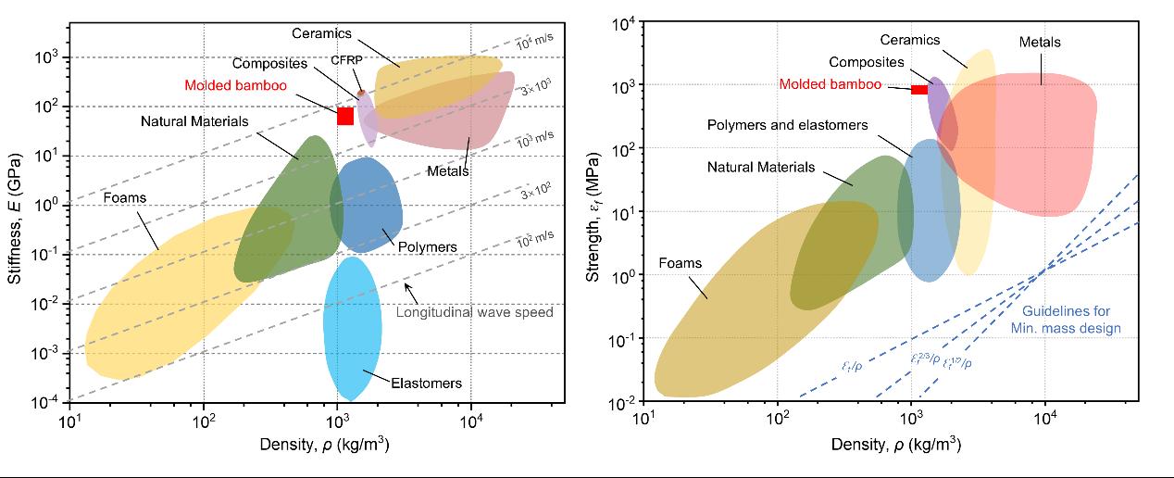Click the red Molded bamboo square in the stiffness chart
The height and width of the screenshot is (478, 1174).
pyautogui.click(x=345, y=116)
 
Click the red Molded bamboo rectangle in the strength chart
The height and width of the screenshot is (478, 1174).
pyautogui.click(x=919, y=89)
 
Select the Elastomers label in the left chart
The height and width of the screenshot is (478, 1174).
pyautogui.click(x=425, y=383)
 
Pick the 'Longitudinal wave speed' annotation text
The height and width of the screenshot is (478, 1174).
pyautogui.click(x=474, y=312)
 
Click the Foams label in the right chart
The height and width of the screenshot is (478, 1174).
pyautogui.click(x=680, y=263)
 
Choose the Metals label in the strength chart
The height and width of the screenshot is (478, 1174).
pyautogui.click(x=1040, y=43)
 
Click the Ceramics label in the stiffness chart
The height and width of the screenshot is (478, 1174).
pyautogui.click(x=323, y=33)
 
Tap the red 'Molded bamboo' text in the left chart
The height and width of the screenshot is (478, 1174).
pyautogui.click(x=234, y=85)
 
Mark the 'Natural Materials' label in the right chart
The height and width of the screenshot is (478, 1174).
pyautogui.click(x=761, y=168)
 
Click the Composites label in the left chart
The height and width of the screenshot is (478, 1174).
pyautogui.click(x=270, y=64)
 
